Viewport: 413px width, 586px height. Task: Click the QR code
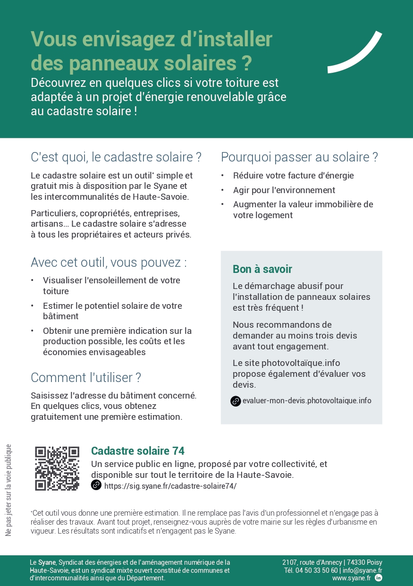click(57, 468)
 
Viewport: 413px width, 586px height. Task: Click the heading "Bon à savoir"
click(262, 269)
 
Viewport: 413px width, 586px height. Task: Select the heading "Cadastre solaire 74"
click(138, 451)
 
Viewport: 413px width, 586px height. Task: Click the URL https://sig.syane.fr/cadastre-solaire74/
click(170, 486)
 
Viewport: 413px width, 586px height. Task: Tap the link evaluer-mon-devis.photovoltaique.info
click(307, 401)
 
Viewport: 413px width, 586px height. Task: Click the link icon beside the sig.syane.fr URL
click(96, 485)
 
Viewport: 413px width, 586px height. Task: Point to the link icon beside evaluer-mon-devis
click(236, 401)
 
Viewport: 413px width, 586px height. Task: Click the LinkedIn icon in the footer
click(378, 578)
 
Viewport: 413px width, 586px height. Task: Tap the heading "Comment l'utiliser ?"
click(86, 378)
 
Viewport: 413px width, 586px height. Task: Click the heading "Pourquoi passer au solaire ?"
click(299, 157)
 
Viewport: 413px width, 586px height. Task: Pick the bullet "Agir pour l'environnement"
click(284, 190)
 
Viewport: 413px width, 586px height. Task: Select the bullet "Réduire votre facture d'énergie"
click(293, 176)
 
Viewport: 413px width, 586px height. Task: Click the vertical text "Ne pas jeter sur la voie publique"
click(8, 490)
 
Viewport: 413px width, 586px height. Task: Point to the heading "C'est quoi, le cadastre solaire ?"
click(116, 157)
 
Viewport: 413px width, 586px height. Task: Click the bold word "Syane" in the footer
click(47, 562)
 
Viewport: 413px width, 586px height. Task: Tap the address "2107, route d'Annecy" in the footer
click(312, 562)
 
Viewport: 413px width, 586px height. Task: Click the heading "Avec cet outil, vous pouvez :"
click(109, 263)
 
